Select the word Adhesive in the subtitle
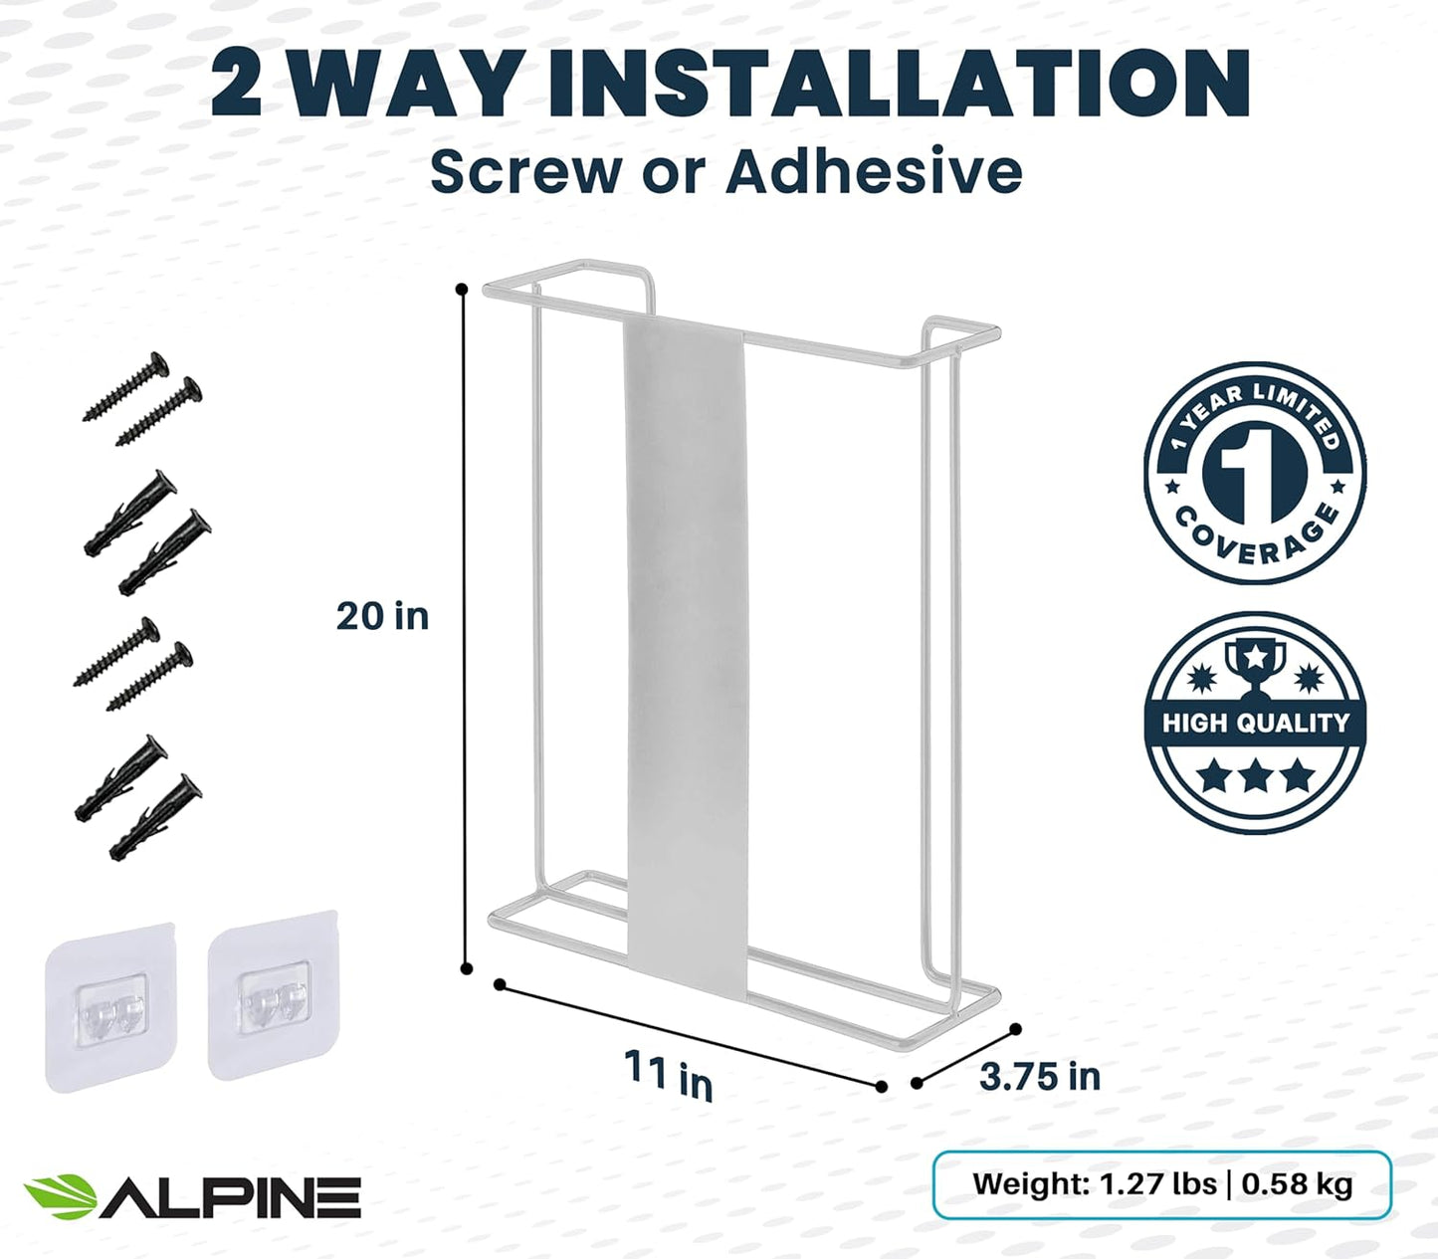[x=874, y=172]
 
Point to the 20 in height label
[x=382, y=616]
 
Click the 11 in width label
[x=669, y=1076]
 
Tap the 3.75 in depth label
[x=1040, y=1076]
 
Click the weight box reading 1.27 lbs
[x=1161, y=1184]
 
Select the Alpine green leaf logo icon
[x=60, y=1195]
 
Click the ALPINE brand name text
[x=231, y=1196]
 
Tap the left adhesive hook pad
[x=109, y=1008]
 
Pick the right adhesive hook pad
[x=274, y=994]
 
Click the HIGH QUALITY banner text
[x=1255, y=723]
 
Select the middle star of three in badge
[x=1255, y=775]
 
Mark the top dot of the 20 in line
[x=462, y=289]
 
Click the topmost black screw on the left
[x=126, y=386]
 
